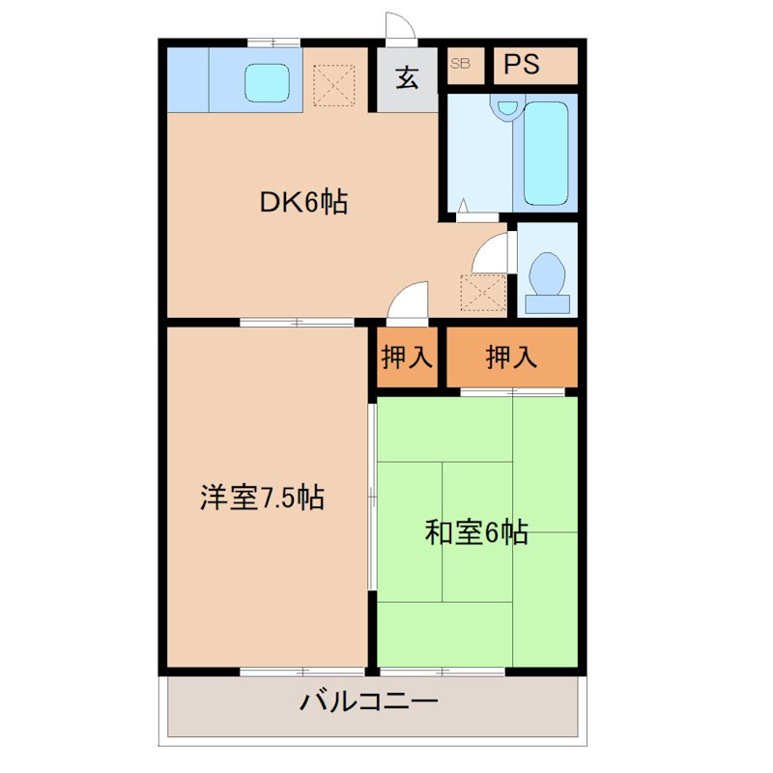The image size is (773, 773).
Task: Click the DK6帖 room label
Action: pos(302,203)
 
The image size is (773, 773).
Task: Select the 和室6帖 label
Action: pos(476,531)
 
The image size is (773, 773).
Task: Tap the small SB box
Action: pos(461,64)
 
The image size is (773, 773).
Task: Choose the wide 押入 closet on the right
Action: pos(510,358)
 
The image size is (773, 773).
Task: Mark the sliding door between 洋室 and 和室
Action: pos(372,498)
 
